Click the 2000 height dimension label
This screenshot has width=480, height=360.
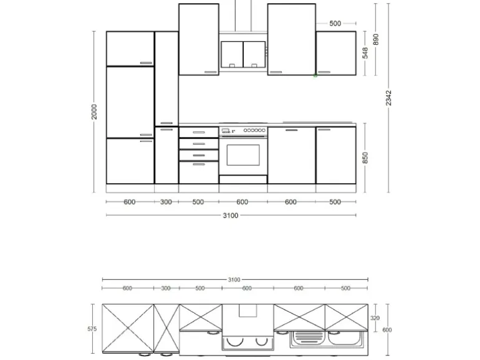coord(95,111)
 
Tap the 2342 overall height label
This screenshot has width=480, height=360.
coord(389,98)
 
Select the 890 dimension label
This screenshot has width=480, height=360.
coord(375,39)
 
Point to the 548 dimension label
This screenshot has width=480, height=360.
coord(365,53)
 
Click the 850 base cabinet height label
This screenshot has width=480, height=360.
coord(365,158)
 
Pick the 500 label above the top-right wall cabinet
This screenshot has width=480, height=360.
coord(335,24)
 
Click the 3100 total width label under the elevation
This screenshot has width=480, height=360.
coord(231,216)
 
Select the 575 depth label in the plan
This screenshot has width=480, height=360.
coord(92,329)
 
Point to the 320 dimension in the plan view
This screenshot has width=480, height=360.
coord(375,318)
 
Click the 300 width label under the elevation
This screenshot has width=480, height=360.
coord(166,202)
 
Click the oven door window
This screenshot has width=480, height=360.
coord(243,154)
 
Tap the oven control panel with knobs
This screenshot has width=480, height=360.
coord(243,130)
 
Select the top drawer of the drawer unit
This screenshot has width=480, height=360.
coord(198,132)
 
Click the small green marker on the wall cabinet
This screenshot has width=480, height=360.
coord(315,75)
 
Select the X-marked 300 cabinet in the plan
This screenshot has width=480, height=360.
coord(166,328)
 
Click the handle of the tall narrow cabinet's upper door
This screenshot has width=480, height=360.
coord(166,123)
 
